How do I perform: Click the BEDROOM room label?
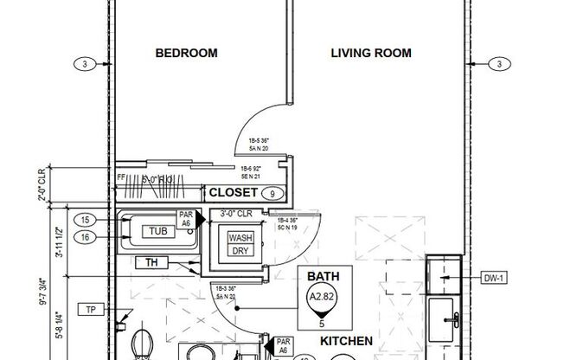pos(186,54)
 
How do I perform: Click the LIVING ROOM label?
pos(371,54)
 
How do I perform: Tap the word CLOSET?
pos(234,192)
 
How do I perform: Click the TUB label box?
pos(157,230)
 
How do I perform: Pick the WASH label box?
pos(240,238)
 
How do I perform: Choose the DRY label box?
pos(240,251)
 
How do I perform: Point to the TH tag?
pos(151,262)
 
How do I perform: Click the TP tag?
pos(89,310)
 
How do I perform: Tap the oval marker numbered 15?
pos(84,220)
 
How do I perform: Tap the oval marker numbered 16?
pos(84,235)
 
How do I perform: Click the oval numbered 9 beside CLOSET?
pos(272,193)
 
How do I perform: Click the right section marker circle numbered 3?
pos(499,63)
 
